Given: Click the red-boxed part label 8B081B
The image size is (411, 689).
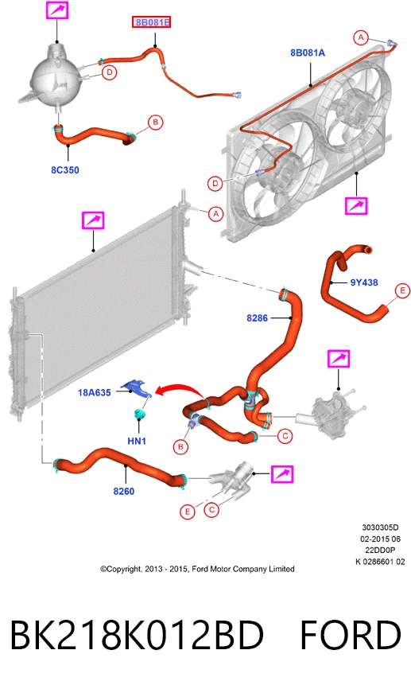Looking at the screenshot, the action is tap(151, 21).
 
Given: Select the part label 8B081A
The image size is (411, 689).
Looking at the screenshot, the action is tap(308, 53).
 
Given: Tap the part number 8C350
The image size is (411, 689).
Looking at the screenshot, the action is tap(65, 169).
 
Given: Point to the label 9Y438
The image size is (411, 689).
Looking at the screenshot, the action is tap(364, 282).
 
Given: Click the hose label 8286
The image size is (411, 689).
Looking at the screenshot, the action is tap(257, 317).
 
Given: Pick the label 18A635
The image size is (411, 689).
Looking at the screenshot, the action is tap(95, 392).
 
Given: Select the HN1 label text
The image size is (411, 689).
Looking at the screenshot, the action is tap(137, 440).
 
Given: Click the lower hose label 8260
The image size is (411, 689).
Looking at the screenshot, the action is tap(124, 491).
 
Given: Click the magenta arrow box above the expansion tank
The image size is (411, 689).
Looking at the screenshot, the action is tap(57, 10).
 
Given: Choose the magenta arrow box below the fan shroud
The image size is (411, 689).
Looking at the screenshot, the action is tap(356, 205).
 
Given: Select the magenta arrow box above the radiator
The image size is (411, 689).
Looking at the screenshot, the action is tap(93, 220).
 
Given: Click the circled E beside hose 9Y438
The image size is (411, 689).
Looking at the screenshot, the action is tap(402, 290).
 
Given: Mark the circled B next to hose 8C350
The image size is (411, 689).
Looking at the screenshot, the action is tap(155, 123).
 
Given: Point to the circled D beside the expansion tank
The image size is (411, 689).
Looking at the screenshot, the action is tap(110, 72).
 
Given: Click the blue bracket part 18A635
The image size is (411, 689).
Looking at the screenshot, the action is tap(136, 388).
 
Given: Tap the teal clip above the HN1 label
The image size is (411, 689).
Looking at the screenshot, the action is tap(140, 414).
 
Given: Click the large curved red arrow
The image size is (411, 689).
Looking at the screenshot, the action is tap(179, 390).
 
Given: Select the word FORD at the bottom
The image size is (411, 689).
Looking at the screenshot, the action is tap(351, 635).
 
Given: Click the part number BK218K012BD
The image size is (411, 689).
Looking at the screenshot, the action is tap(137, 635).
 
